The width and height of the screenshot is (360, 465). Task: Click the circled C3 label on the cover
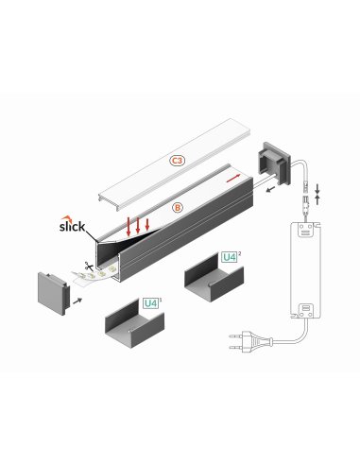[x=177, y=162]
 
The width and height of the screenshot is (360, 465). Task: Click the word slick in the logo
[x=73, y=227]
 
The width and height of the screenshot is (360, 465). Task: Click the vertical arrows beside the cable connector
[x=317, y=196]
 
